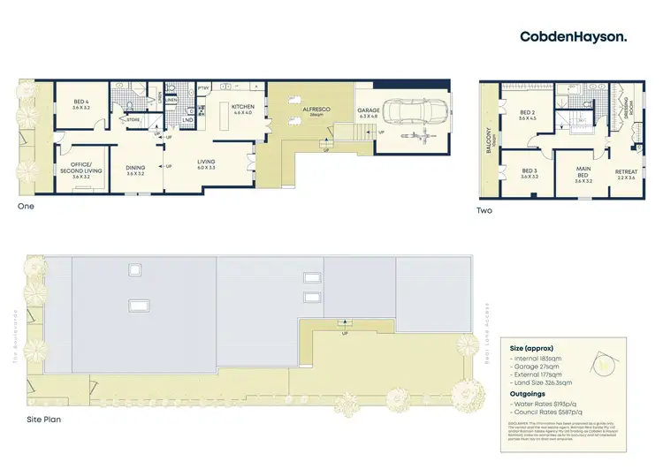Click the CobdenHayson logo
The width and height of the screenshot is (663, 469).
tap(574, 36)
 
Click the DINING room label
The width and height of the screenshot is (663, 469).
tap(135, 170)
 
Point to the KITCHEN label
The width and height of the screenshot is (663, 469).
tap(243, 109)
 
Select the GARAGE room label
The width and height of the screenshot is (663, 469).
tap(368, 112)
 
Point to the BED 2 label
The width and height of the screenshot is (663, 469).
tap(528, 115)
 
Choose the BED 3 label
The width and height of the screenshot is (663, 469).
tap(530, 173)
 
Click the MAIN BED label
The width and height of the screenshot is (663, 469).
tap(583, 175)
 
